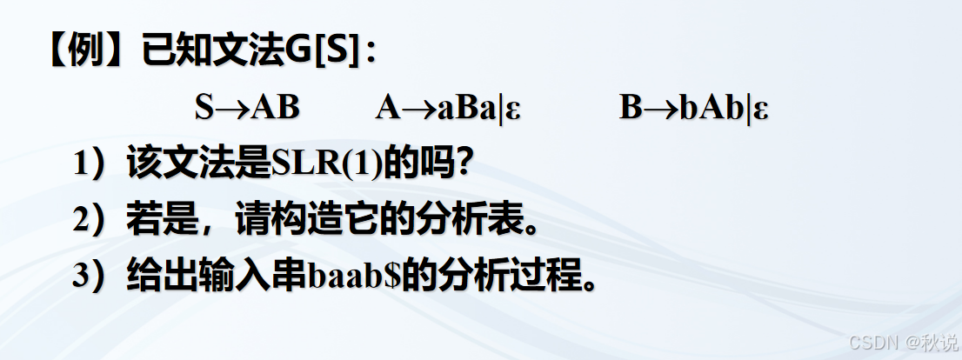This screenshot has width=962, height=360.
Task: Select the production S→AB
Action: click(247, 108)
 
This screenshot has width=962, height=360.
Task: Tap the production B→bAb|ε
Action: click(693, 108)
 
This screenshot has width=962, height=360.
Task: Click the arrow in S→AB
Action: click(232, 109)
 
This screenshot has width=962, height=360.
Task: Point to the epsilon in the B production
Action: click(761, 110)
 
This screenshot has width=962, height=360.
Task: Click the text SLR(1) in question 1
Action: click(327, 164)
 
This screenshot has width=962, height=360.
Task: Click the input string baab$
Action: click(350, 277)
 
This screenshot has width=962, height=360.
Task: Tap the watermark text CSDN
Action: click(872, 341)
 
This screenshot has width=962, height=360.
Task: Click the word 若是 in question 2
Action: click(156, 221)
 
